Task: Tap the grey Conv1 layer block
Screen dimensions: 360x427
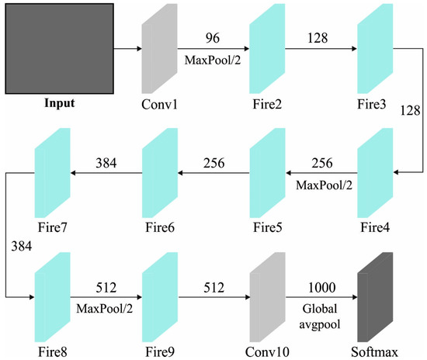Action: click(x=158, y=49)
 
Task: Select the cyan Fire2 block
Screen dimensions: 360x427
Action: click(x=266, y=49)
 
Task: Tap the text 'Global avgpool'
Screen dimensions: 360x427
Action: click(x=320, y=314)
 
